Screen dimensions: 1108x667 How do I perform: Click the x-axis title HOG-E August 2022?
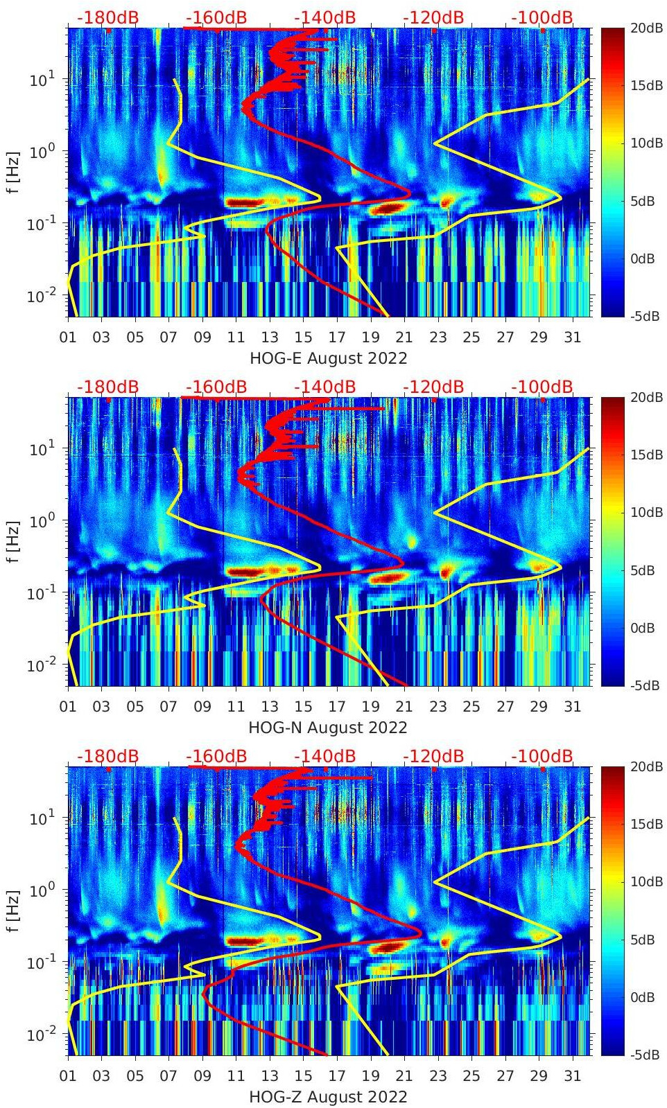(x=327, y=358)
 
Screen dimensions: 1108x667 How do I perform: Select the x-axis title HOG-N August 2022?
(x=327, y=728)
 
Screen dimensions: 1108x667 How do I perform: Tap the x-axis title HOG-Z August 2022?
(x=327, y=1097)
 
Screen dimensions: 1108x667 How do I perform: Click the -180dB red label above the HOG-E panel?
(x=107, y=17)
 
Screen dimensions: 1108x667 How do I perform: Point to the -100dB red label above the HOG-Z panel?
(x=542, y=756)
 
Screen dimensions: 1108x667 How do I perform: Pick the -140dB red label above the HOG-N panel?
(x=324, y=387)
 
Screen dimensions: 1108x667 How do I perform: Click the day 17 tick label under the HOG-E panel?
(x=337, y=337)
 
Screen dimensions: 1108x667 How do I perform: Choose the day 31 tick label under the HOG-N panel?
(x=572, y=707)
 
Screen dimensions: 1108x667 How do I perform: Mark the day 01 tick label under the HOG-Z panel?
(x=68, y=1076)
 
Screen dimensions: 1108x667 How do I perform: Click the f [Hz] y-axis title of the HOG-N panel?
(x=15, y=540)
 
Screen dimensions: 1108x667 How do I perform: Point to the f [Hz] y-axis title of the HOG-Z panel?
(x=15, y=910)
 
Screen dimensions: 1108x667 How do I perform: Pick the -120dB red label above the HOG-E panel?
(x=433, y=17)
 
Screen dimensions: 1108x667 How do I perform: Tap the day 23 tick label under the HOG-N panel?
(x=438, y=707)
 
